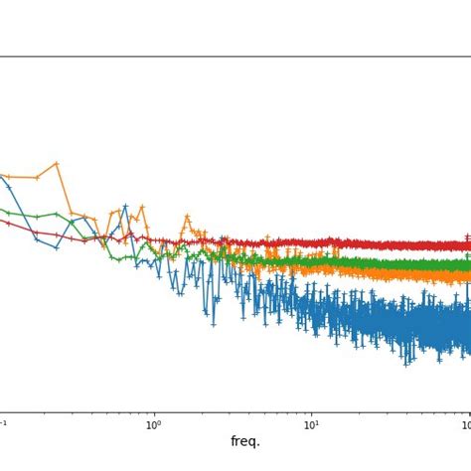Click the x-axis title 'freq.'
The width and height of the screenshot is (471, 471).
tap(244, 442)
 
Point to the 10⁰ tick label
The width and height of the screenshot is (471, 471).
tap(153, 425)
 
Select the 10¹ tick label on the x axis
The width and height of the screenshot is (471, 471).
tap(311, 425)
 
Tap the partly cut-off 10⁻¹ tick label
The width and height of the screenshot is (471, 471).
tap(3, 425)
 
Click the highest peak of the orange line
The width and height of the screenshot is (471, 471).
tap(57, 163)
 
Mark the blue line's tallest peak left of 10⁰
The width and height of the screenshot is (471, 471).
tap(125, 207)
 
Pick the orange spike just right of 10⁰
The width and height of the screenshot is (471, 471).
tap(186, 216)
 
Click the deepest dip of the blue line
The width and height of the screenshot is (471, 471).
tap(405, 364)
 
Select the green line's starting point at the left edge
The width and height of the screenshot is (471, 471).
tap(3, 210)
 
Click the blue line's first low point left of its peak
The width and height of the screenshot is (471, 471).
tap(57, 247)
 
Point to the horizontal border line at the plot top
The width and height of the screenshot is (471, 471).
tap(235, 57)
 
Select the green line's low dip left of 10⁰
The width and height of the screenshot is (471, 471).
tap(118, 259)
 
